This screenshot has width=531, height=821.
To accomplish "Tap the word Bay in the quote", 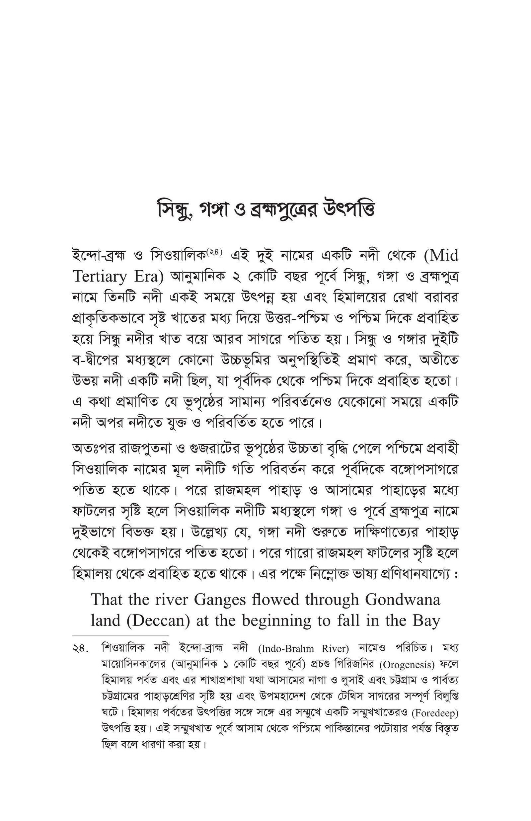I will [x=427, y=621].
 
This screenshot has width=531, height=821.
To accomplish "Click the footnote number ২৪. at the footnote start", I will [x=81, y=649].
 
